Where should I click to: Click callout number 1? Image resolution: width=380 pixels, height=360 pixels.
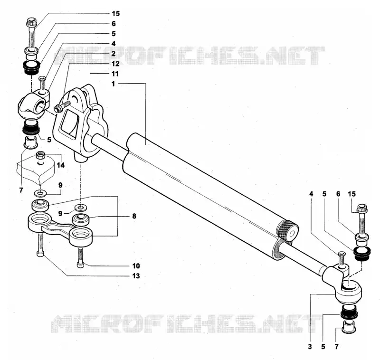[113, 84]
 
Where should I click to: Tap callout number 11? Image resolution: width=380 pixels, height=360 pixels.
[115, 74]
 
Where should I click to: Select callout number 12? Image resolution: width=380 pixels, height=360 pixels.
[115, 64]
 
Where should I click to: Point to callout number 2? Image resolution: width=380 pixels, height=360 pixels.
[114, 54]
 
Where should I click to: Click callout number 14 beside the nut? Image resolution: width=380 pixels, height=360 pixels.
[61, 165]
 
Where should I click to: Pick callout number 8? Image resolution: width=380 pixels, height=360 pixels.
[134, 216]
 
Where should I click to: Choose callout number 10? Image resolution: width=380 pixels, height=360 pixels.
[136, 266]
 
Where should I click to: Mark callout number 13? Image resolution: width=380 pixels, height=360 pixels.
[136, 276]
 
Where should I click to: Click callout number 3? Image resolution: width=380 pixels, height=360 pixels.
[310, 347]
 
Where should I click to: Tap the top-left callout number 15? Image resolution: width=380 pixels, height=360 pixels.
[116, 14]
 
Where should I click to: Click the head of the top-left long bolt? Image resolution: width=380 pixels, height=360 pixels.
[31, 22]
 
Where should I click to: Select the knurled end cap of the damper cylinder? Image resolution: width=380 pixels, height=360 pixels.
[288, 231]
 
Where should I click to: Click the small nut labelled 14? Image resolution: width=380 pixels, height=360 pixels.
[41, 155]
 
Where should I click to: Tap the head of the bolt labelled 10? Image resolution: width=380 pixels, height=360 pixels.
[80, 265]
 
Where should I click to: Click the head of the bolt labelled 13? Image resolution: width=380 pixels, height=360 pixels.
[40, 254]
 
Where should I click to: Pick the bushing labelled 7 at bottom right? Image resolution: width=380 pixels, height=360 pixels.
[349, 328]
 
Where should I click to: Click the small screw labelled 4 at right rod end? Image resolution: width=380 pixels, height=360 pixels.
[342, 259]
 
